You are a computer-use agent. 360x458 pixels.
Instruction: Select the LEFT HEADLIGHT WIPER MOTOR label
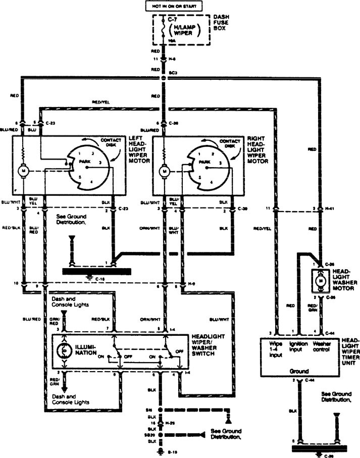click(x=140, y=150)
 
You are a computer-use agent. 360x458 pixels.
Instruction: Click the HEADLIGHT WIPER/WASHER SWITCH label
click(x=208, y=345)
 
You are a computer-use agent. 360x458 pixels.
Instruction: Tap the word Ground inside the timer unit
click(x=298, y=371)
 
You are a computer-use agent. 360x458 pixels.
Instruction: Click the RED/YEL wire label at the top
click(x=100, y=102)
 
